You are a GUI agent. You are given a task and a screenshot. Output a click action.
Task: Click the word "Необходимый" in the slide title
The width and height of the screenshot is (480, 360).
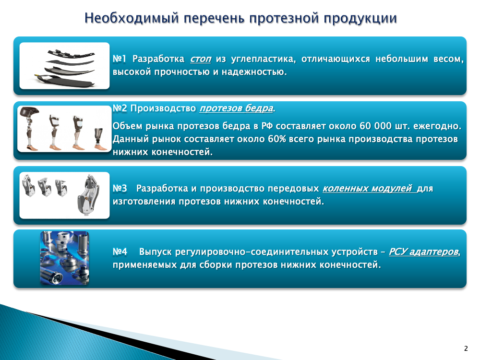click(x=132, y=18)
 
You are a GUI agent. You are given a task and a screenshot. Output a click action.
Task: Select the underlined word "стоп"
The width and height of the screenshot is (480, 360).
click(x=201, y=59)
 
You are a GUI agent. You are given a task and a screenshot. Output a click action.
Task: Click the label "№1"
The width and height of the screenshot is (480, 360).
click(x=120, y=59)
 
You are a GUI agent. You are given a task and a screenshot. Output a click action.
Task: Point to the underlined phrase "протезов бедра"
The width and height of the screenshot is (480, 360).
click(x=236, y=108)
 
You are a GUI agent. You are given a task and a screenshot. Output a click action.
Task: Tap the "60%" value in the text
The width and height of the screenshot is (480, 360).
click(x=277, y=139)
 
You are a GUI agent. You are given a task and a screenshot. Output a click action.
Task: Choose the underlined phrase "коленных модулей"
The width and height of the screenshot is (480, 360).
click(x=367, y=188)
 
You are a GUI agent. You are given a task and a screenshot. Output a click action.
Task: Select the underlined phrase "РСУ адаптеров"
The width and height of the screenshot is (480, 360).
click(x=423, y=252)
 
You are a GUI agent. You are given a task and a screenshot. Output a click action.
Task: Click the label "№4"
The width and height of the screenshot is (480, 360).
click(x=120, y=252)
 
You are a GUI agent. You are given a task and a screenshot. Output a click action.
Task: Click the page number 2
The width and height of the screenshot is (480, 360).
click(x=466, y=348)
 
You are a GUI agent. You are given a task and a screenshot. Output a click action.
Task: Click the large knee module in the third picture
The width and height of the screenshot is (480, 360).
click(x=89, y=195)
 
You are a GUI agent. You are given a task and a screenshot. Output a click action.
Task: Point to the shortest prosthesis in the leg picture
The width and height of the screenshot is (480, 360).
click(x=100, y=139)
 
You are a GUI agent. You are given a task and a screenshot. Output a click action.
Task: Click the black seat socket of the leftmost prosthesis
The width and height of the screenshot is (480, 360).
click(x=29, y=111)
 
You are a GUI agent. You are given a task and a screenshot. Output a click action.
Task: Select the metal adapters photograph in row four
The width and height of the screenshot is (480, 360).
click(x=65, y=258)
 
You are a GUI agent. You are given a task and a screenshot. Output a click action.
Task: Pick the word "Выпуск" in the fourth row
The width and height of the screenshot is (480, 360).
click(x=155, y=252)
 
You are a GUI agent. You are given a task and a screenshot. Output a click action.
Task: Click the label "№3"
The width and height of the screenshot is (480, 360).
click(x=120, y=188)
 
